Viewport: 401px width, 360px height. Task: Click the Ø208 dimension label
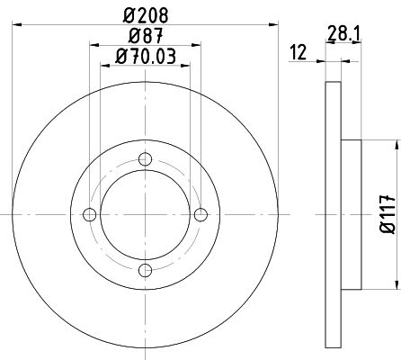(x=146, y=15)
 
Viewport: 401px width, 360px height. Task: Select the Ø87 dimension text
(x=146, y=36)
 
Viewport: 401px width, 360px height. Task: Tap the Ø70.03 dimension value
(x=146, y=57)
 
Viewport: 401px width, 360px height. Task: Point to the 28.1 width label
(x=343, y=33)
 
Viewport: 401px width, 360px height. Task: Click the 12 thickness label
(x=299, y=52)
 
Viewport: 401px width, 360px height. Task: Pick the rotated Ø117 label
(x=388, y=214)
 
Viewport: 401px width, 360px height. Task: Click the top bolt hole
(x=146, y=159)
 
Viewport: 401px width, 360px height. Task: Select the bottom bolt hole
(x=146, y=270)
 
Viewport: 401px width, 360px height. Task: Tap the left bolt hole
(x=89, y=214)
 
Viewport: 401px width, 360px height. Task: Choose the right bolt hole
(x=200, y=214)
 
